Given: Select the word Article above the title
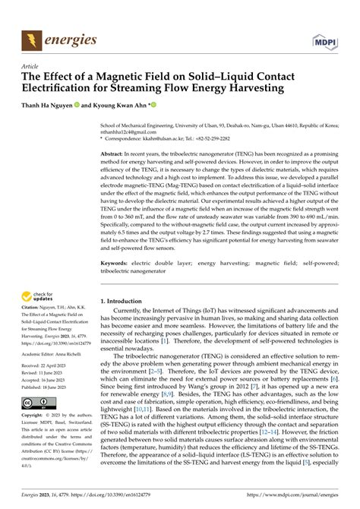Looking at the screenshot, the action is click(32, 67).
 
